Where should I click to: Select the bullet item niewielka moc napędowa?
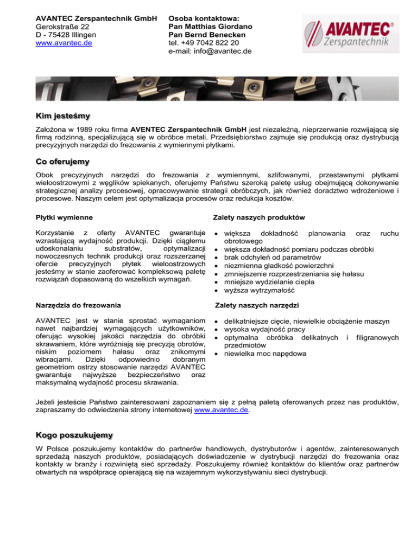[x=261, y=354]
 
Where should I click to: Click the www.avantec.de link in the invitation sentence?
[x=222, y=410]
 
